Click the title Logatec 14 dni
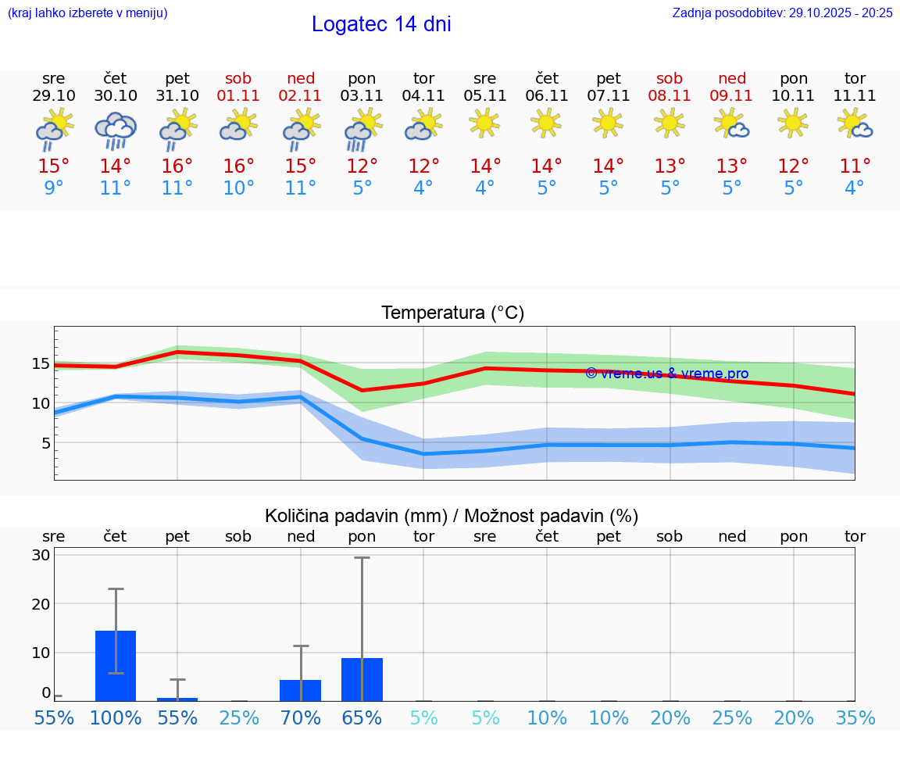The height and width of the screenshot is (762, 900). point(381,24)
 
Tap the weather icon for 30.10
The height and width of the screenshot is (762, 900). point(116,131)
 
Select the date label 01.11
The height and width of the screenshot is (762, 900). point(239,96)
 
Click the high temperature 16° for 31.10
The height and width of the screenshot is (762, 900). point(177,166)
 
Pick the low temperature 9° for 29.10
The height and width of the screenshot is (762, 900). point(54,188)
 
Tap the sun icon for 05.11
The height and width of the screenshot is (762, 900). point(484,123)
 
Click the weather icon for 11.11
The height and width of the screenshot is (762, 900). point(855,124)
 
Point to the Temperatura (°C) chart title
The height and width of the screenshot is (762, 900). point(452,313)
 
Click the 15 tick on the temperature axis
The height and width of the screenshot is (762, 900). point(41,363)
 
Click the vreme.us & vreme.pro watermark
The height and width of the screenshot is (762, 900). point(666,374)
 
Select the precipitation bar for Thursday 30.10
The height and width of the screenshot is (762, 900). point(116,665)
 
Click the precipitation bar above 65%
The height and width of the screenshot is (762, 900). point(362,679)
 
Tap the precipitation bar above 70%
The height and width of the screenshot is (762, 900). point(301,690)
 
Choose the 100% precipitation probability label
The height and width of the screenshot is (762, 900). point(116,718)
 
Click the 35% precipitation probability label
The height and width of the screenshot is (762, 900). point(855,718)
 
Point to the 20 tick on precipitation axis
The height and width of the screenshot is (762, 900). point(41,603)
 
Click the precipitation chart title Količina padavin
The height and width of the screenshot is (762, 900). point(452,516)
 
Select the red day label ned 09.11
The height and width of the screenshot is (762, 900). point(732,87)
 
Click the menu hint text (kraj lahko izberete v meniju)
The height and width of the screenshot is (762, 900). point(87,13)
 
